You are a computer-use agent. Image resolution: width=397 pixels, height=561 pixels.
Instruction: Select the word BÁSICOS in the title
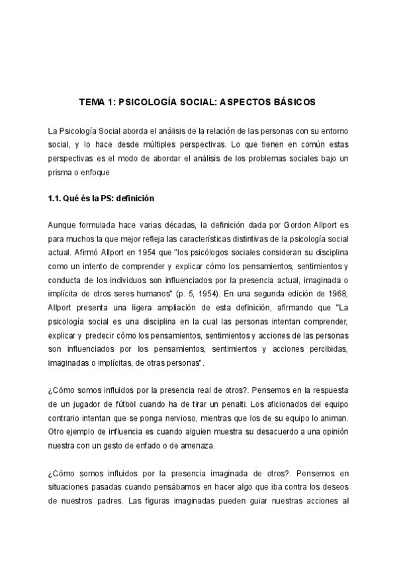(290, 103)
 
